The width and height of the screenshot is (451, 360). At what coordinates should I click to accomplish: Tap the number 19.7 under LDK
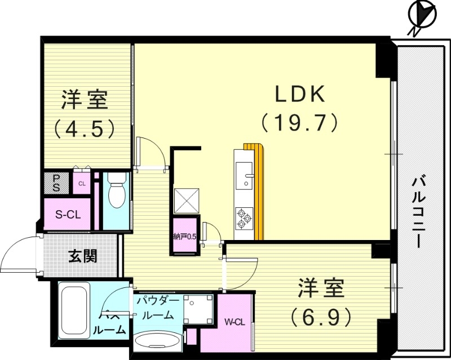coord(299,122)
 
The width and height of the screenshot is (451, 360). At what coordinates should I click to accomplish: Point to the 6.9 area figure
coord(322,315)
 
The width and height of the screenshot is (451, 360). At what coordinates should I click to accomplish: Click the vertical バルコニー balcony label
coord(418,211)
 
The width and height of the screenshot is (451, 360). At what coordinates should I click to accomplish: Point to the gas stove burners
coord(244,219)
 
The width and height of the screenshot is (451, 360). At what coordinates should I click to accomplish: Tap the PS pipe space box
coord(56,183)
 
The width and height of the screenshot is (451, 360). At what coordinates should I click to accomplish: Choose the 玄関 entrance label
coord(83,256)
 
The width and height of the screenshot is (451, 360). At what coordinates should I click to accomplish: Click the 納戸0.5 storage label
coord(185,237)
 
